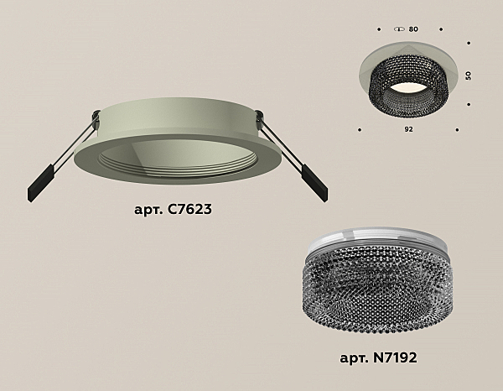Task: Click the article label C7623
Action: tap(173, 209)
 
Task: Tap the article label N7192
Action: tap(378, 357)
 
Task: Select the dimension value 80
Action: tap(413, 29)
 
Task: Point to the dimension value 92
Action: tap(408, 129)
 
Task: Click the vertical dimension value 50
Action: tap(469, 76)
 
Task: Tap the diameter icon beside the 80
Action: tap(399, 29)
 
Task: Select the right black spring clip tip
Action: tap(315, 183)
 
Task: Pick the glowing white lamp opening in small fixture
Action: tap(408, 89)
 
